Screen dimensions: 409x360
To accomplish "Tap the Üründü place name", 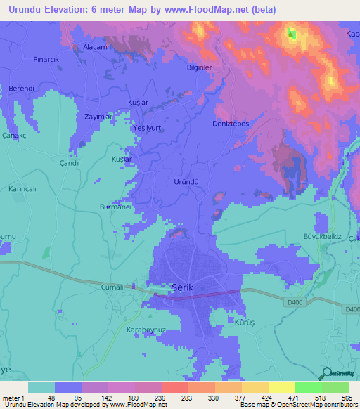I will [x=186, y=181].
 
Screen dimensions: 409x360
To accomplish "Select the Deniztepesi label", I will [x=231, y=123].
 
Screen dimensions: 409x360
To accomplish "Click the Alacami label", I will [x=98, y=46].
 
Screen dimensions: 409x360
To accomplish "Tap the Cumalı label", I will [x=114, y=287].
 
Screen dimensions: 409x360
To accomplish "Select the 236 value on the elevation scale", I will [x=161, y=397].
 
